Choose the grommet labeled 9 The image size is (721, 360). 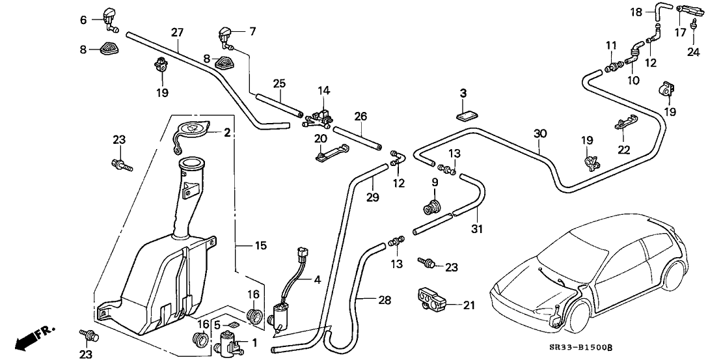coord(430,208)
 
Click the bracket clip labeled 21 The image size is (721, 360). coord(432,299)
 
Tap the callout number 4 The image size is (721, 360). coord(317,280)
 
